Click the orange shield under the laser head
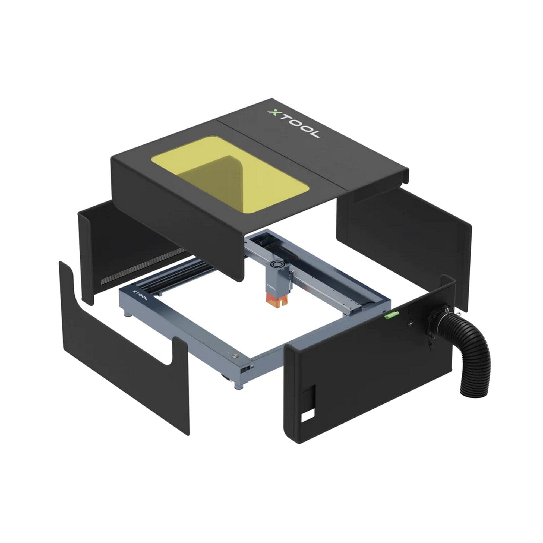(277, 301)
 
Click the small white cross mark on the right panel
(411, 324)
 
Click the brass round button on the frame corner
(234, 356)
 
